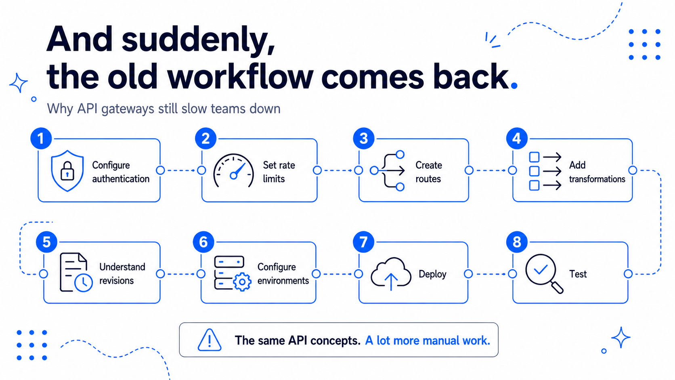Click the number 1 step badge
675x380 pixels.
click(x=41, y=139)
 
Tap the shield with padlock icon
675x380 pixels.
click(x=67, y=170)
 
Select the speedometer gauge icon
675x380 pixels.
click(x=233, y=171)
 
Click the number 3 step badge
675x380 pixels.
click(x=364, y=139)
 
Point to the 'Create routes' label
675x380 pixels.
click(x=428, y=172)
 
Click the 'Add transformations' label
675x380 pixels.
click(x=597, y=172)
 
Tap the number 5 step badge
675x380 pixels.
click(x=46, y=241)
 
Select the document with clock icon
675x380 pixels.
click(x=76, y=273)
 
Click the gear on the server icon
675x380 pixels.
click(x=242, y=282)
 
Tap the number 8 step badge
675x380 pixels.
click(x=517, y=241)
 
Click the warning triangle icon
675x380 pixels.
click(x=210, y=340)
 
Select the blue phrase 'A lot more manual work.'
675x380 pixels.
click(x=428, y=340)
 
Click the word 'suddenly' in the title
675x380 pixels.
click(x=198, y=40)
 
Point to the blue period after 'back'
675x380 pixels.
click(x=514, y=86)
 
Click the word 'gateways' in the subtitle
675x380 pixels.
click(x=128, y=109)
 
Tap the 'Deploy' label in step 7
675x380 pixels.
click(x=432, y=274)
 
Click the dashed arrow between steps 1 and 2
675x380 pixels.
click(x=181, y=170)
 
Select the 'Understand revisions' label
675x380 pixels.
click(x=122, y=274)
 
